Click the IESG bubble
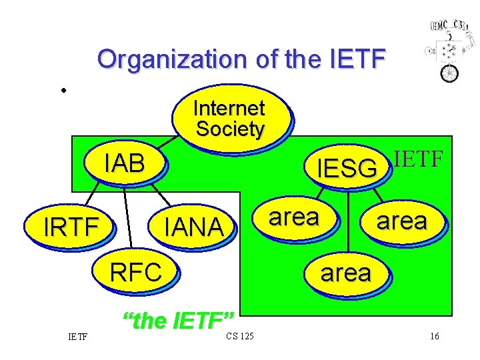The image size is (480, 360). [x=347, y=169]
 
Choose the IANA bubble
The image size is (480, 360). [x=194, y=227]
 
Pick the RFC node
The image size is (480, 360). [x=136, y=272]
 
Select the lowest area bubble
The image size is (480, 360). [x=345, y=273]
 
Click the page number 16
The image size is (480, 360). [x=434, y=336]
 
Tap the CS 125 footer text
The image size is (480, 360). [x=239, y=335]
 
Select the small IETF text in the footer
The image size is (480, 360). [x=78, y=336]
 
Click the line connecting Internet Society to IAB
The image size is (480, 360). [x=175, y=143]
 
